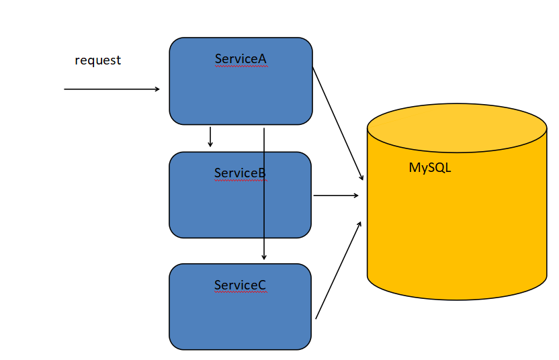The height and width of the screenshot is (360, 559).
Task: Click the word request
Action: (97, 60)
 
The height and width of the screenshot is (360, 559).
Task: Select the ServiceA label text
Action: (241, 59)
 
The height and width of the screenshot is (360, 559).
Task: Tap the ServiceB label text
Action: (240, 173)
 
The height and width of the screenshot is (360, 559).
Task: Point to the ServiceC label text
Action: (240, 285)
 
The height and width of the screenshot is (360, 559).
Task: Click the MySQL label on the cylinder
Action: (430, 168)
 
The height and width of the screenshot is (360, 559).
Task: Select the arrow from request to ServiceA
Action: (111, 89)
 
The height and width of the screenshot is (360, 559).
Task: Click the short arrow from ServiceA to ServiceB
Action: (210, 136)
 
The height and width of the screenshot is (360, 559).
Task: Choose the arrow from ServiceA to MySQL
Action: (338, 123)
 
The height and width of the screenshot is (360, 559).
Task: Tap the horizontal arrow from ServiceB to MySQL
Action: (336, 195)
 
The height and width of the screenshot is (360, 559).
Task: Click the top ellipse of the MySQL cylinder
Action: (457, 128)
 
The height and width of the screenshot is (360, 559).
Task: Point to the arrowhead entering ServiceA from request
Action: (157, 89)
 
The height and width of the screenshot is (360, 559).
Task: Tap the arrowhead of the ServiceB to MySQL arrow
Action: (356, 195)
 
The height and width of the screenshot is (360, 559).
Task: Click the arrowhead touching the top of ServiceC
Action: (264, 257)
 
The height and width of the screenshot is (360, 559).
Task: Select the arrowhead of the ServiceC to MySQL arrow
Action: (360, 224)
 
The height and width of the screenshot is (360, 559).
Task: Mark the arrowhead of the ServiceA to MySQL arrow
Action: (361, 177)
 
